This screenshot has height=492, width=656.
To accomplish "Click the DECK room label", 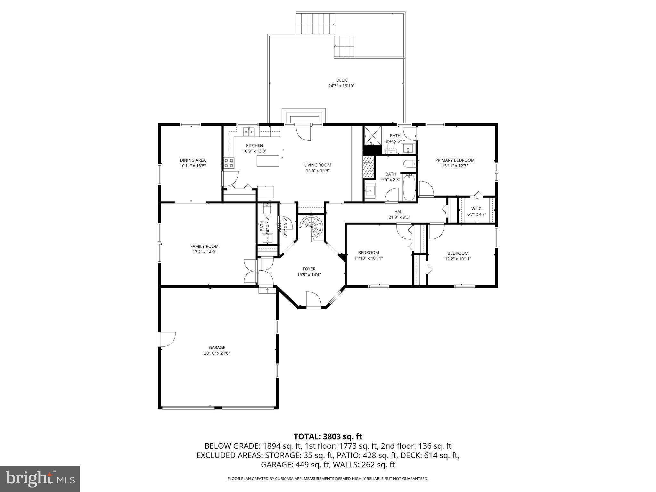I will click(x=341, y=80).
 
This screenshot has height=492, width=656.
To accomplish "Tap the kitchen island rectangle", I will click(x=268, y=161).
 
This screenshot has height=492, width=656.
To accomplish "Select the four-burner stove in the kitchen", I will click(x=229, y=163).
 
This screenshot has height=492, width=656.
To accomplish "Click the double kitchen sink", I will click(x=249, y=131).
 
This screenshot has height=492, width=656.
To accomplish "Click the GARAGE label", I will click(x=217, y=348).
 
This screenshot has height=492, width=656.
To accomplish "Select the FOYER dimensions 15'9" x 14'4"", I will click(x=309, y=275).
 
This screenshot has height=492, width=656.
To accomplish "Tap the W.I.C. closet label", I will click(x=477, y=209).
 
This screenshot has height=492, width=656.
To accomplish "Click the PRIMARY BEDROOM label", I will click(x=455, y=160).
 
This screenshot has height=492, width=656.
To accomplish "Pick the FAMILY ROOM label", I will click(x=204, y=246).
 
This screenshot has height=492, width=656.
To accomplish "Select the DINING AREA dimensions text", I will click(x=193, y=166).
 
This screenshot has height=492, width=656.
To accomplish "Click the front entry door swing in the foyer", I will click(x=313, y=299).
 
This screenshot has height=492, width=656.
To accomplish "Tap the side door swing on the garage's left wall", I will click(x=167, y=339).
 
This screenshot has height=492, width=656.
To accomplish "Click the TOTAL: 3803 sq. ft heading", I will click(x=328, y=436).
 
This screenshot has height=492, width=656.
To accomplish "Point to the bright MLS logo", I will click(x=40, y=479).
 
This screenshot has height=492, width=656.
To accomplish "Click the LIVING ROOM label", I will click(x=317, y=165).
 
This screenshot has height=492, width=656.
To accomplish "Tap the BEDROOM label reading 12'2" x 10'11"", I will click(x=458, y=253).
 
